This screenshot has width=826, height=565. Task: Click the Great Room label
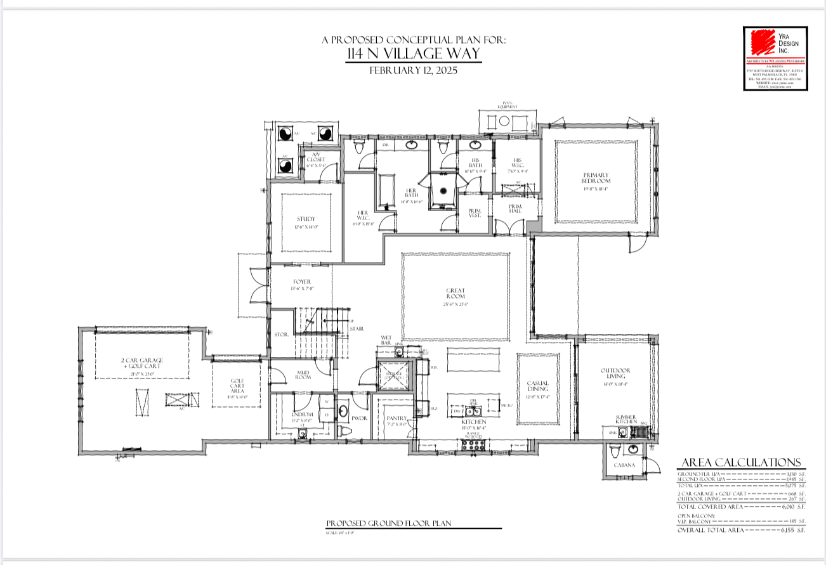pyautogui.click(x=456, y=294)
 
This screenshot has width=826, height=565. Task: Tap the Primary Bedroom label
pyautogui.click(x=596, y=178)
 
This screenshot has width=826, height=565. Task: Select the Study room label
pyautogui.click(x=306, y=219)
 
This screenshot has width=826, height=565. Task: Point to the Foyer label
pyautogui.click(x=302, y=282)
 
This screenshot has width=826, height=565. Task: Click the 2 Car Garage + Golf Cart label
pyautogui.click(x=141, y=363)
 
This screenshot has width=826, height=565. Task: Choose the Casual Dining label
pyautogui.click(x=537, y=386)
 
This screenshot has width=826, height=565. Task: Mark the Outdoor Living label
pyautogui.click(x=615, y=374)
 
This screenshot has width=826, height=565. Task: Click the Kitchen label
pyautogui.click(x=474, y=422)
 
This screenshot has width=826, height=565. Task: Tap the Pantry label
pyautogui.click(x=396, y=419)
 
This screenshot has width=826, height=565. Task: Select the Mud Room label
pyautogui.click(x=303, y=374)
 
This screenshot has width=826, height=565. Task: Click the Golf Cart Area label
pyautogui.click(x=237, y=386)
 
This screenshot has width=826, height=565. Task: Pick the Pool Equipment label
pyautogui.click(x=507, y=105)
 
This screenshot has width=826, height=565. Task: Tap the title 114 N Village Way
pyautogui.click(x=414, y=55)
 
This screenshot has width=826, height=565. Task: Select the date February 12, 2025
pyautogui.click(x=414, y=70)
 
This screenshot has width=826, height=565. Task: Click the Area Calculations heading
pyautogui.click(x=741, y=462)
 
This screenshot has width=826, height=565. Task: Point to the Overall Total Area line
pyautogui.click(x=741, y=529)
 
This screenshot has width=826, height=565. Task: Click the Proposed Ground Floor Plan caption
pyautogui.click(x=388, y=523)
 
